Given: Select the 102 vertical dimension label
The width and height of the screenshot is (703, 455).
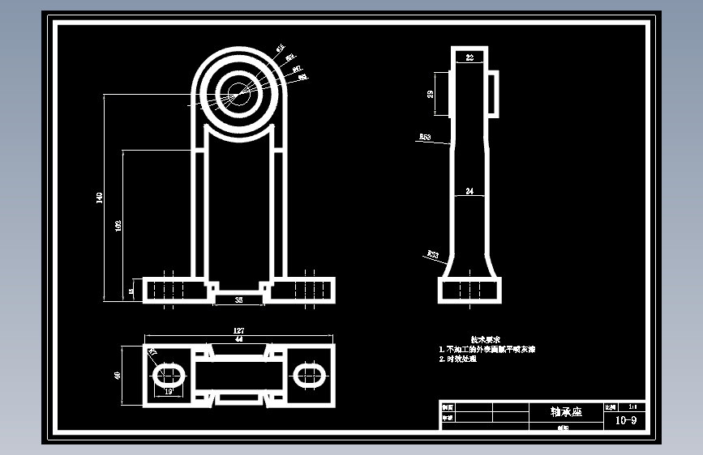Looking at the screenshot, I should point(118,225).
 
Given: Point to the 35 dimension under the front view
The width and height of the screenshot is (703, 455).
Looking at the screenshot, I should point(238,300).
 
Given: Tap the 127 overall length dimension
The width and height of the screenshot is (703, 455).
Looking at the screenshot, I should point(238,330).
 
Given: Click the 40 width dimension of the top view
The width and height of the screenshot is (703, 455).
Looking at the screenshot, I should point(118,376).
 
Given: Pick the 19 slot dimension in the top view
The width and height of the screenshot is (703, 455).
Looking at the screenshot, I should point(169,391).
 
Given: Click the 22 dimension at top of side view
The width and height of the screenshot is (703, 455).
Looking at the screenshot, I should point(469,57).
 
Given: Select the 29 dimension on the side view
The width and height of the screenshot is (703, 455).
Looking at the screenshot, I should point(431,94).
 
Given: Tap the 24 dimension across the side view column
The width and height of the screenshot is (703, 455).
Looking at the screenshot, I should point(469,191).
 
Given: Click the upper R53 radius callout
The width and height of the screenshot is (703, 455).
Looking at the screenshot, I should point(425,138).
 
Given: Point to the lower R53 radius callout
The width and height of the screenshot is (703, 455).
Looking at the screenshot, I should point(432,255).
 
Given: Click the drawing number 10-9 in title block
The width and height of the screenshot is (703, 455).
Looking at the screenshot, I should point(626,420).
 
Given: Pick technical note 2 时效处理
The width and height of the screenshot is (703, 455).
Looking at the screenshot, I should point(458,359).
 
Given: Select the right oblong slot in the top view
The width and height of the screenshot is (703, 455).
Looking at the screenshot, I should point(309,374).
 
